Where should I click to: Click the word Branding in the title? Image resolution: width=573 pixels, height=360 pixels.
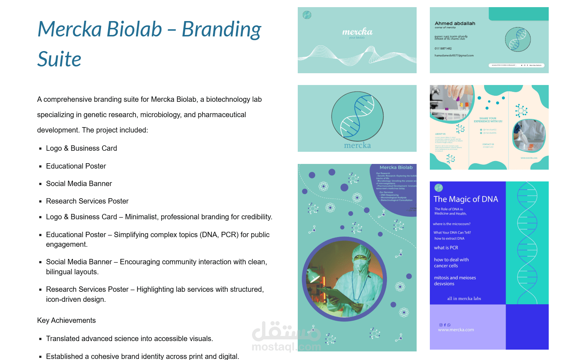(221, 29)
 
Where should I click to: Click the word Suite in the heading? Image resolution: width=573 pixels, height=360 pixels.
(59, 59)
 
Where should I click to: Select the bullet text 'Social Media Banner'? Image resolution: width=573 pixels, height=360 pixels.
(79, 184)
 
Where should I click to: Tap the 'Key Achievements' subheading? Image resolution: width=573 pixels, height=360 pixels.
(66, 320)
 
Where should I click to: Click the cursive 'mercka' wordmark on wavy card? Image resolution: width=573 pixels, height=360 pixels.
(357, 32)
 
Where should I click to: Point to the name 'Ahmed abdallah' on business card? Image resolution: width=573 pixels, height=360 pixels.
(455, 24)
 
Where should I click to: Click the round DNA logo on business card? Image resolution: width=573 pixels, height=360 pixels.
(518, 40)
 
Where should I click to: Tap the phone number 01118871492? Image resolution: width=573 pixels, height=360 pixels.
(443, 49)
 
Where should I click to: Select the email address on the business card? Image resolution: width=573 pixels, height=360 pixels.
(454, 56)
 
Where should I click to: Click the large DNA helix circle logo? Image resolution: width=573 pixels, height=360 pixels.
(357, 116)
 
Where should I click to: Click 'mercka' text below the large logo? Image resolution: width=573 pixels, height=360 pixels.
(357, 145)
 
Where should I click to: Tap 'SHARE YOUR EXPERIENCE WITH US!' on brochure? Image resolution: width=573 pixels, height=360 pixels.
(488, 120)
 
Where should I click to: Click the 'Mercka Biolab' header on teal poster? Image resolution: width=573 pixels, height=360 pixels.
(396, 167)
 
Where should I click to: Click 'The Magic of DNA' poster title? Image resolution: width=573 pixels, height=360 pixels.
(466, 199)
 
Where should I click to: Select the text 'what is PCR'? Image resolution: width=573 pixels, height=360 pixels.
(446, 247)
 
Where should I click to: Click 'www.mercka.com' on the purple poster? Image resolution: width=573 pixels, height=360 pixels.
(456, 330)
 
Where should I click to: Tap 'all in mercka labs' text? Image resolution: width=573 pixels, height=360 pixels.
(464, 299)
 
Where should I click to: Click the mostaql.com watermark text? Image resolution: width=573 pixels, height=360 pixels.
(286, 347)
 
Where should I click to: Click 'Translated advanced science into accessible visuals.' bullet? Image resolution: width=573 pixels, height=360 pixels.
(129, 339)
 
